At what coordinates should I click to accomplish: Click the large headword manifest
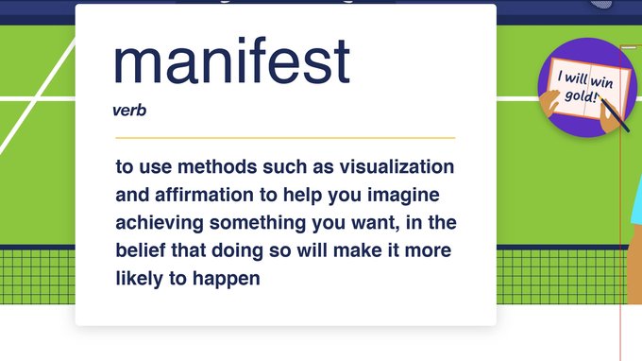(x=231, y=60)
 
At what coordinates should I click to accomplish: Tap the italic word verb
(x=129, y=111)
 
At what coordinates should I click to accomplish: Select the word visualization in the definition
(x=397, y=166)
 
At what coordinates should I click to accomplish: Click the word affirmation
(x=204, y=195)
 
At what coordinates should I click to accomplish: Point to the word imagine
(x=403, y=196)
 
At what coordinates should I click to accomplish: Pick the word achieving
(x=160, y=224)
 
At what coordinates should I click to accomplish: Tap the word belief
(x=141, y=249)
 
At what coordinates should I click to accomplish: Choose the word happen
(x=226, y=280)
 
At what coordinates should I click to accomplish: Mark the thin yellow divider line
(x=285, y=138)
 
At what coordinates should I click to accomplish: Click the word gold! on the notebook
(x=581, y=96)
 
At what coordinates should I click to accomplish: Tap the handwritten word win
(x=601, y=82)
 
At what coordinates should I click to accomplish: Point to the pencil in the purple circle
(x=614, y=115)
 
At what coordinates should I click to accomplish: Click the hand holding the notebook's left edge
(x=549, y=105)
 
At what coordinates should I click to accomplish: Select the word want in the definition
(x=375, y=224)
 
